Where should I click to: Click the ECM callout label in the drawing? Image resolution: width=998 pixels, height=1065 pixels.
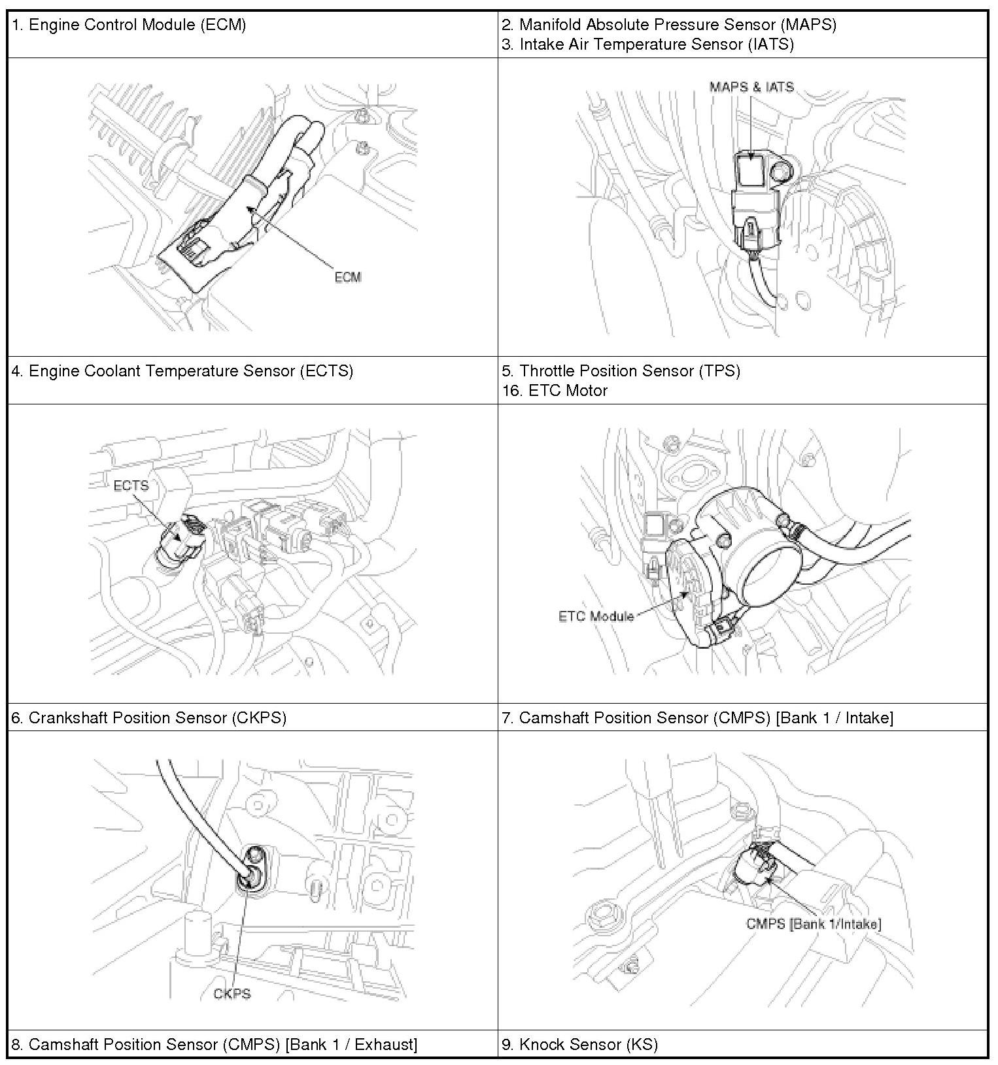point(348,277)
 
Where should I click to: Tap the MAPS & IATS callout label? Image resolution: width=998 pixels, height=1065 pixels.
point(751,87)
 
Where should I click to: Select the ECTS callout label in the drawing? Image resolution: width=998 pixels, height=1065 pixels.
point(131,485)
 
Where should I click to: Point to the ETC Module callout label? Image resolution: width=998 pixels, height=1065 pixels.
point(596,616)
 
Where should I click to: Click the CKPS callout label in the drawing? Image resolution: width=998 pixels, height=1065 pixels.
point(232,994)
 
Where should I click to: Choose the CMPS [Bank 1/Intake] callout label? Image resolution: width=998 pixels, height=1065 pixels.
point(814,924)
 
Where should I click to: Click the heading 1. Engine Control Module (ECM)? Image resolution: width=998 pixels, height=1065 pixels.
point(129,25)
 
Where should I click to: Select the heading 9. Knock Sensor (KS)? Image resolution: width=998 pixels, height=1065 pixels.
point(579,1044)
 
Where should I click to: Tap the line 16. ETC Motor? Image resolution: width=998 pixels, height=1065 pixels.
point(555,391)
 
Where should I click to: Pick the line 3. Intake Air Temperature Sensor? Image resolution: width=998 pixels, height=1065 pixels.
point(647,44)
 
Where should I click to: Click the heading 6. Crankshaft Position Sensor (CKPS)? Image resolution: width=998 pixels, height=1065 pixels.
point(149,717)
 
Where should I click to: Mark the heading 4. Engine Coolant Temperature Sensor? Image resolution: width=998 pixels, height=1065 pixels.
point(182,371)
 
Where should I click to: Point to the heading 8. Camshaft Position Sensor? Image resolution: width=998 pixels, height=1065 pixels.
point(214,1044)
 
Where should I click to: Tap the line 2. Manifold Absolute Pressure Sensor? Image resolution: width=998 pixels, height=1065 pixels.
point(669,25)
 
